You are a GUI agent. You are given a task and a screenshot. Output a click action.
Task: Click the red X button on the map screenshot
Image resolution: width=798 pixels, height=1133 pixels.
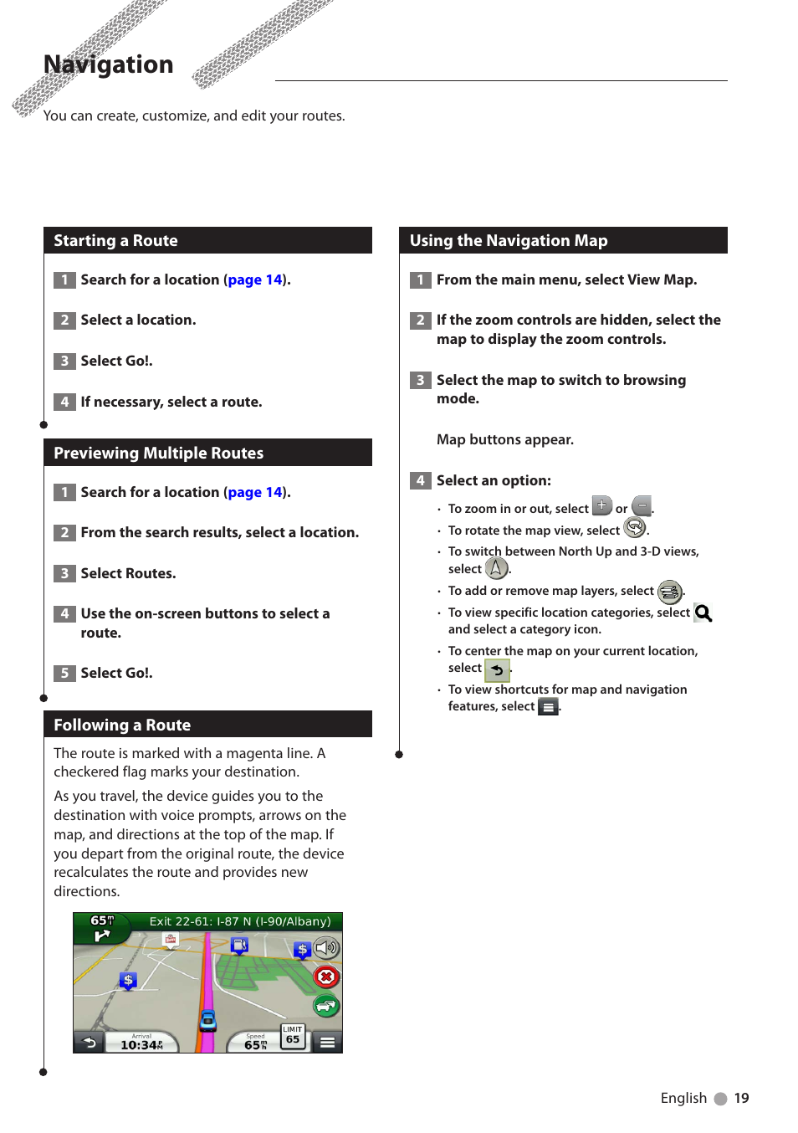[x=326, y=977]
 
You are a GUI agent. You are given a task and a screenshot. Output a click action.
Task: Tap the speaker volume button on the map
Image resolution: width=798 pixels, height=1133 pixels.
[x=326, y=948]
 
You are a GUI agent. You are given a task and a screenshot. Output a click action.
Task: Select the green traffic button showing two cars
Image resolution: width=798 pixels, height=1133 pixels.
[x=326, y=1005]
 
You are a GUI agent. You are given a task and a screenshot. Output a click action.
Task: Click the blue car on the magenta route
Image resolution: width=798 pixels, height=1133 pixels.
[x=208, y=1020]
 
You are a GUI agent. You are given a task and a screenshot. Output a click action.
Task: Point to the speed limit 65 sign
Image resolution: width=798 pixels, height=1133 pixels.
[x=293, y=1036]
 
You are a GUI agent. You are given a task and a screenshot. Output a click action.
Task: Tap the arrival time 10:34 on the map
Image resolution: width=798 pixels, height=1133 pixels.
[x=141, y=1044]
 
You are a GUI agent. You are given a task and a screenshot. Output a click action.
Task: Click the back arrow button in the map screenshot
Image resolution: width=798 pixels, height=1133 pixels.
[x=89, y=1042]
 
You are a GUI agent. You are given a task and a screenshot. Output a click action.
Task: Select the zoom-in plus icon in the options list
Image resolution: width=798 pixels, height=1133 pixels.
[x=601, y=505]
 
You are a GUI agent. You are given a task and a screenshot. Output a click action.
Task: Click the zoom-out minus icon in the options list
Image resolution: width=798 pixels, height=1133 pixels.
[x=642, y=505]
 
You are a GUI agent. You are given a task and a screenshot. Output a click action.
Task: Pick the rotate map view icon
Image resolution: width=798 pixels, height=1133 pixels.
[x=635, y=527]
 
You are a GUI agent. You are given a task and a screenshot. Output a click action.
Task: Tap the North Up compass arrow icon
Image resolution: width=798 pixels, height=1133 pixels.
[x=497, y=568]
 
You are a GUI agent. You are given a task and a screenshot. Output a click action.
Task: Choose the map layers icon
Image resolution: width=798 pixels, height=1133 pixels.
[x=669, y=592]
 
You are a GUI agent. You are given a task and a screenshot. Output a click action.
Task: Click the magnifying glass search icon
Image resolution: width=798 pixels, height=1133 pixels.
[x=703, y=613]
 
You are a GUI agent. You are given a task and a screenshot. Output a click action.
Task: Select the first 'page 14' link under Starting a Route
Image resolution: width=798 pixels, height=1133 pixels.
[x=255, y=280]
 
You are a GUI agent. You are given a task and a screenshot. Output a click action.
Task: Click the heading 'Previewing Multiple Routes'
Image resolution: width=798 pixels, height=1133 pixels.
[x=159, y=453]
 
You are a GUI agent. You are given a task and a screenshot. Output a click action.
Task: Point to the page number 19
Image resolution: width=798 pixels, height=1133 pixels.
[x=741, y=1098]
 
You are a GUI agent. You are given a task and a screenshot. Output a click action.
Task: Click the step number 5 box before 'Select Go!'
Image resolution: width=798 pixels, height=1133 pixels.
[x=64, y=673]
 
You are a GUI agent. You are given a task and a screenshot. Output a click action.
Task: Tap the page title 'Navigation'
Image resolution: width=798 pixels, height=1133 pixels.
[x=108, y=64]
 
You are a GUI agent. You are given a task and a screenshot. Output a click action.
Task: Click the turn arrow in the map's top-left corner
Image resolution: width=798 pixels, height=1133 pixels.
[x=102, y=935]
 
